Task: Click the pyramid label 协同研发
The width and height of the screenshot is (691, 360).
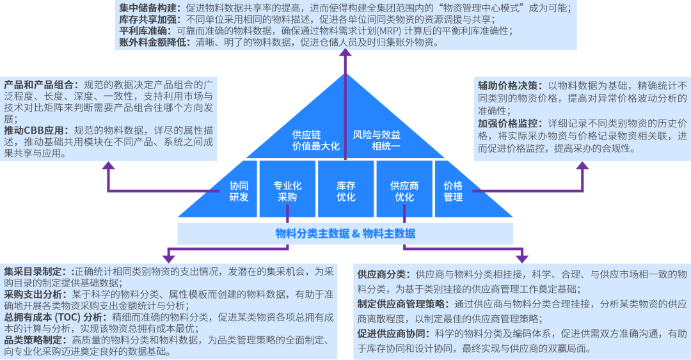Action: (239, 191)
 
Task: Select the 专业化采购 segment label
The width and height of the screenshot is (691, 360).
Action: (287, 191)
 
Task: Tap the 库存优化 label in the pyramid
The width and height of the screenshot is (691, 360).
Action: (345, 191)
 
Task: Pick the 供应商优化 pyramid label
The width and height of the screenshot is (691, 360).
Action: (404, 191)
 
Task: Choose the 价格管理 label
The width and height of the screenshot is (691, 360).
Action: (453, 191)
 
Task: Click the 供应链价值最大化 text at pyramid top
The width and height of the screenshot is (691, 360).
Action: (315, 140)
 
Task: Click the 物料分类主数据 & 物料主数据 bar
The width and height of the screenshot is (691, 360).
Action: (345, 233)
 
